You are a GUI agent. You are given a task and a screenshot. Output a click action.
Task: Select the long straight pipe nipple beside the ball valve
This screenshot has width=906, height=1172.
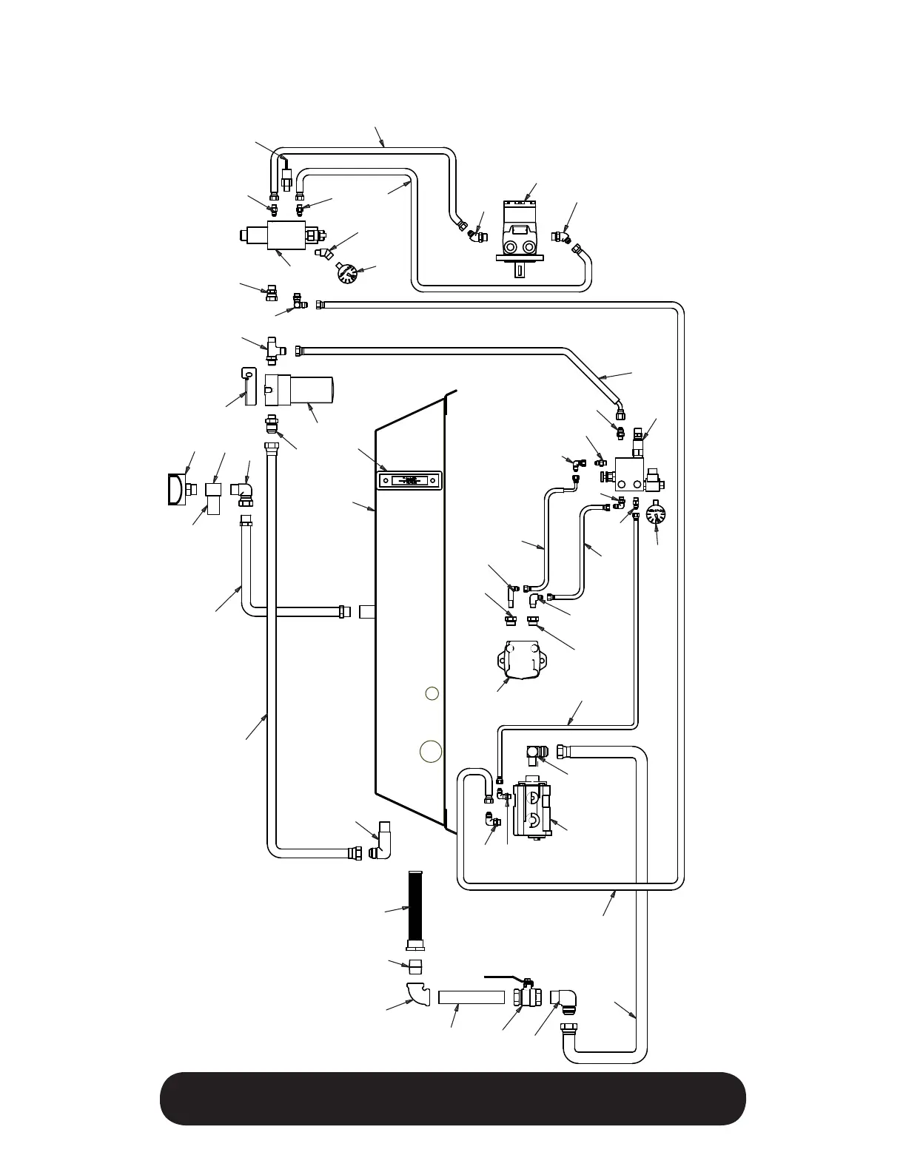point(471,997)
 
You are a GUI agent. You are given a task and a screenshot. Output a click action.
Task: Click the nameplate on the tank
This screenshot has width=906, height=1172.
point(409,481)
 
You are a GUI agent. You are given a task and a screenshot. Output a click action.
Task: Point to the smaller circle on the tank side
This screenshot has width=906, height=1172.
point(432,693)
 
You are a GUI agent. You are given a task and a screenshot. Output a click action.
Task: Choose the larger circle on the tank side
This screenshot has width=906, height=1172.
point(431,750)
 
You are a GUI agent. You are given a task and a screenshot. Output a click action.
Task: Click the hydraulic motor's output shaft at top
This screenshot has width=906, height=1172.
point(519,269)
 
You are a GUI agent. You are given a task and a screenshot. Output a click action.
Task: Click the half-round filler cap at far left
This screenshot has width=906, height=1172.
point(177,489)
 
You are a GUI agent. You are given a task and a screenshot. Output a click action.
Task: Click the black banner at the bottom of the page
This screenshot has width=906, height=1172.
point(452,1099)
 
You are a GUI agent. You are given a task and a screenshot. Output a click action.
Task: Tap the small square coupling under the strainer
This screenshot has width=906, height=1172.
point(416,966)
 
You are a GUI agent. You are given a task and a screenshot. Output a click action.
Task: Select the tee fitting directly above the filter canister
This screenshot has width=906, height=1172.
point(272,348)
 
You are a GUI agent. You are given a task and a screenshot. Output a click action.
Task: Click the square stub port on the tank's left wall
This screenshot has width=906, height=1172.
point(368,612)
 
